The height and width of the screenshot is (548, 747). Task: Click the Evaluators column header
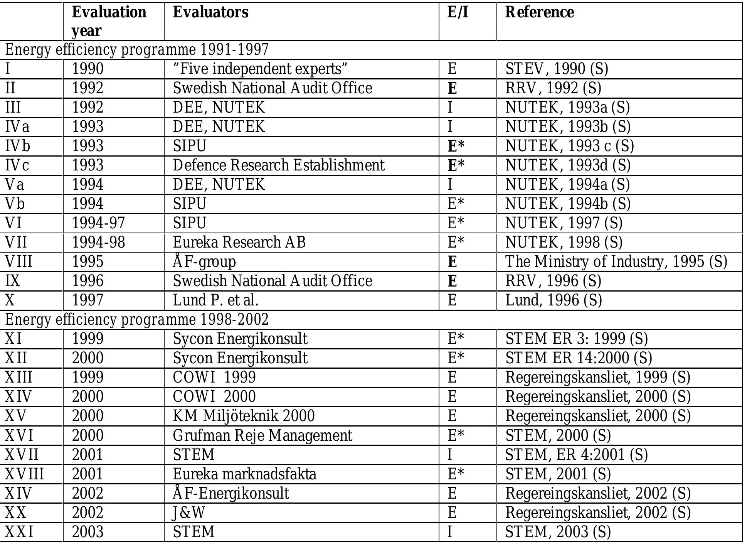click(210, 12)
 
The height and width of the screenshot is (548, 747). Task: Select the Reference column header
click(539, 12)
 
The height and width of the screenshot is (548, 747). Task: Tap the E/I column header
click(458, 12)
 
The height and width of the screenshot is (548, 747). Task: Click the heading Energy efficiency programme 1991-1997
click(137, 50)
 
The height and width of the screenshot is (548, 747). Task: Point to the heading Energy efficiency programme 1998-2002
click(137, 320)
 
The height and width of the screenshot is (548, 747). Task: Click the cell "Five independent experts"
click(260, 69)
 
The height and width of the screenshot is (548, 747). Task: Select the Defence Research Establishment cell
click(278, 165)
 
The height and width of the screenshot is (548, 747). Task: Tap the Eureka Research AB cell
click(239, 243)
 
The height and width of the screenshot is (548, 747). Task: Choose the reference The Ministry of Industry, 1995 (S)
click(616, 262)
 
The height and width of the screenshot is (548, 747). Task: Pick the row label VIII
click(19, 262)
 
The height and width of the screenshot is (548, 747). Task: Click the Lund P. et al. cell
click(215, 300)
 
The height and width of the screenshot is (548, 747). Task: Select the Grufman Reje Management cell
click(262, 435)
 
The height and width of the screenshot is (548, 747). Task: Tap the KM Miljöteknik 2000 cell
click(244, 416)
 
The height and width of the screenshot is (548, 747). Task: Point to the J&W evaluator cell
click(189, 513)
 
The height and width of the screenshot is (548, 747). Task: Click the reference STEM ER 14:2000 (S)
click(578, 358)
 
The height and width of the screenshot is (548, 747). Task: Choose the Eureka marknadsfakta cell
click(244, 474)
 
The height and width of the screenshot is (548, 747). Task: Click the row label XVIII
click(24, 474)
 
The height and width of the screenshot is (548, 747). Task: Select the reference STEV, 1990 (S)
click(557, 69)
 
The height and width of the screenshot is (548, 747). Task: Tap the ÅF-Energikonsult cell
click(230, 493)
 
